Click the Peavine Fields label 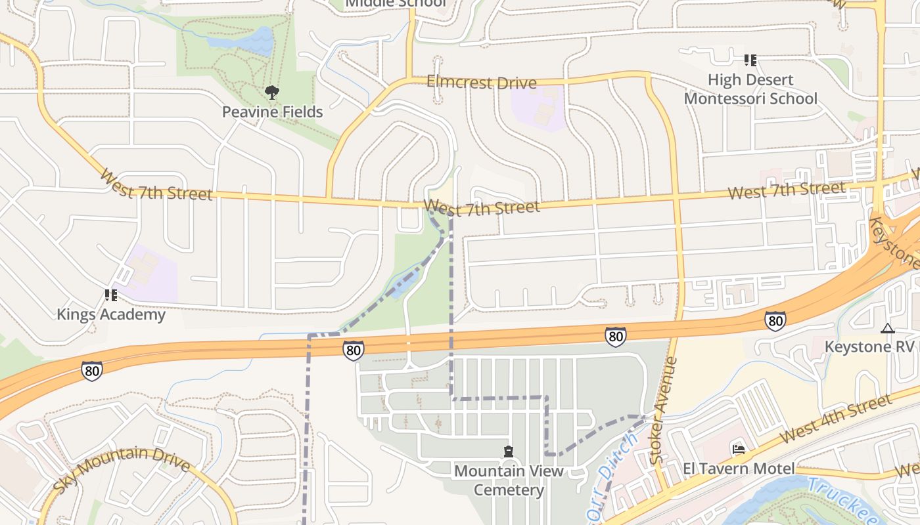pos(272,112)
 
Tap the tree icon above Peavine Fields pos(271,93)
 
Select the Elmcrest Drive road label pos(481,82)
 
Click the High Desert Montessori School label pos(750,89)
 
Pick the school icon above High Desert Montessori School pos(750,60)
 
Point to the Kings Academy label pos(110,314)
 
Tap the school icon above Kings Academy pos(110,296)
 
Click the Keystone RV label pos(869,346)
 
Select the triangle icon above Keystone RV pos(888,328)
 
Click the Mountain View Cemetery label pos(509,480)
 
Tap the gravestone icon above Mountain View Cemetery pos(508,451)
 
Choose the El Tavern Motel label pos(739,469)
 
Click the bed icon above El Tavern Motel pos(739,450)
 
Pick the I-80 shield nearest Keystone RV pos(775,320)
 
